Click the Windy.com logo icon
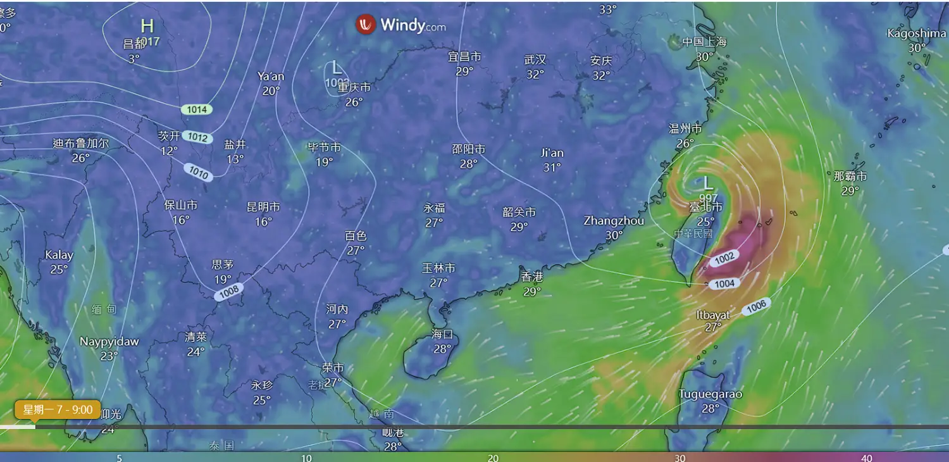366,25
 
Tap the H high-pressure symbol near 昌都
147,26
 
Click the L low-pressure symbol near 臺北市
708,184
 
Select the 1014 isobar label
197,109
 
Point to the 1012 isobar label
197,137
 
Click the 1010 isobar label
198,172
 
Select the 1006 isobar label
756,306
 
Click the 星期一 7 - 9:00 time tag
58,409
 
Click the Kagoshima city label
916,34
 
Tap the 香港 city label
532,277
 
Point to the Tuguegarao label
710,394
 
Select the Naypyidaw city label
109,342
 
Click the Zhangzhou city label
614,221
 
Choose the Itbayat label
713,315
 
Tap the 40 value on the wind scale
867,458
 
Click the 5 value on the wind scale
119,458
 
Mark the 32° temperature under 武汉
535,75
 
